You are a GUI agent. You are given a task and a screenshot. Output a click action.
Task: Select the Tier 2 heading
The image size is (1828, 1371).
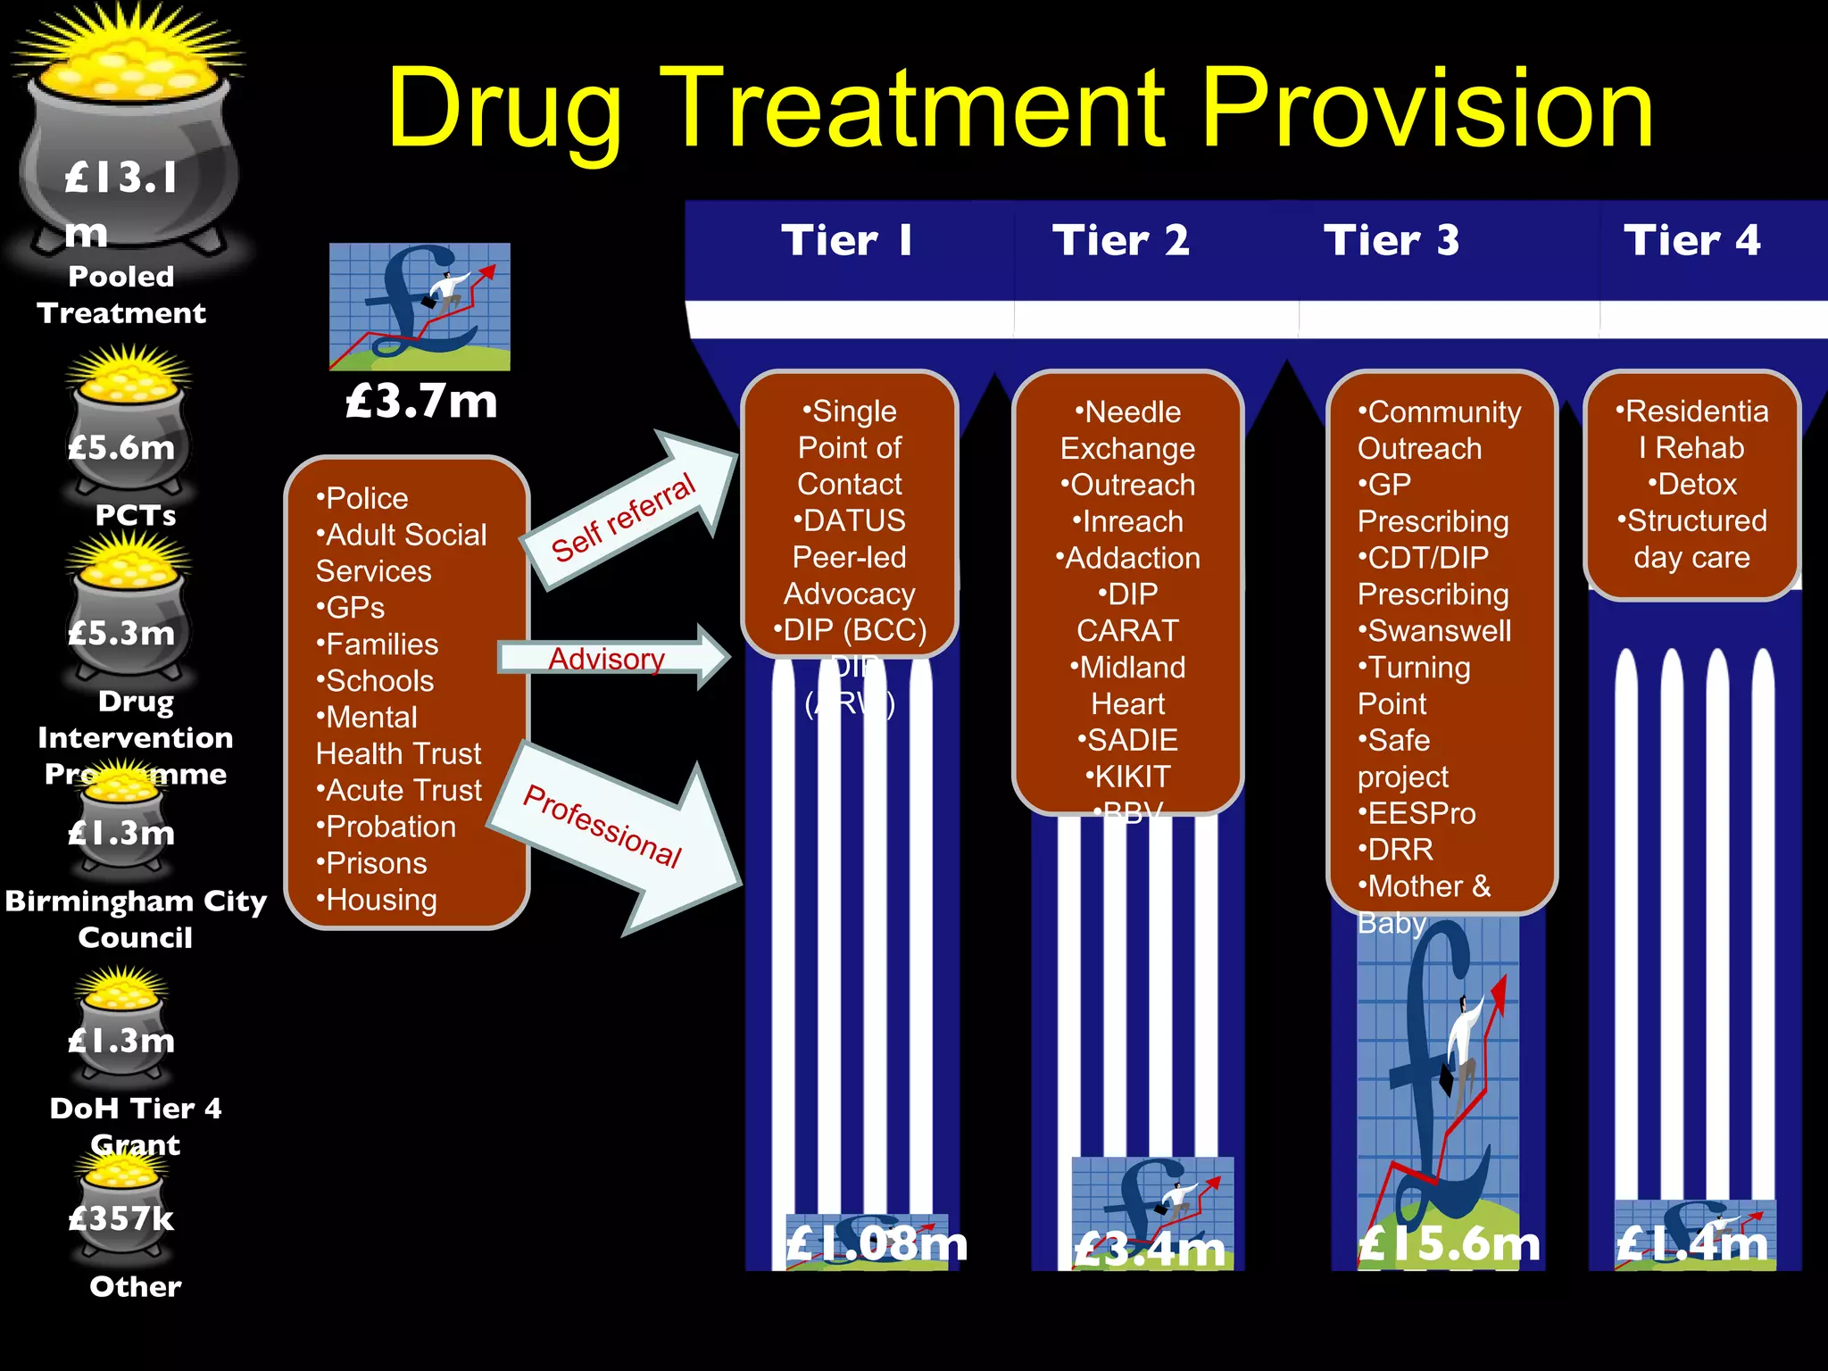[x=1120, y=240]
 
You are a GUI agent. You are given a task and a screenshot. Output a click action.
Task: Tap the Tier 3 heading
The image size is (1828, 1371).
[x=1392, y=240]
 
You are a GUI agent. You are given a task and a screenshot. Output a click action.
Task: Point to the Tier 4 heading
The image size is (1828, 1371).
[x=1691, y=240]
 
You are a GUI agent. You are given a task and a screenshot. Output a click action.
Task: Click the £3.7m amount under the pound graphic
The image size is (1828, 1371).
[x=421, y=401]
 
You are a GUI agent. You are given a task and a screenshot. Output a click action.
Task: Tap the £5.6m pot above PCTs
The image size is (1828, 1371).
[x=122, y=446]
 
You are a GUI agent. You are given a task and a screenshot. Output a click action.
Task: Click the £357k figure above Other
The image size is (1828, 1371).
[x=121, y=1218]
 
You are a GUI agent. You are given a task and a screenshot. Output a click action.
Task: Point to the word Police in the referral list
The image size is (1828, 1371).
[x=366, y=498]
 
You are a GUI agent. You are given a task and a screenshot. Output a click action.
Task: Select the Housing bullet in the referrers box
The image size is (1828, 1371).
[x=381, y=900]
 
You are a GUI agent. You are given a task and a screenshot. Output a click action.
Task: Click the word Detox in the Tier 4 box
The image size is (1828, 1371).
[x=1696, y=485]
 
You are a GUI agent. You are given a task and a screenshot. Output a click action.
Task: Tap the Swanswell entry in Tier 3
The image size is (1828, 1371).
[x=1438, y=631]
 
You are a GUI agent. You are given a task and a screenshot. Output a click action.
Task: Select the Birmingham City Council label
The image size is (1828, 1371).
[x=136, y=918]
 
